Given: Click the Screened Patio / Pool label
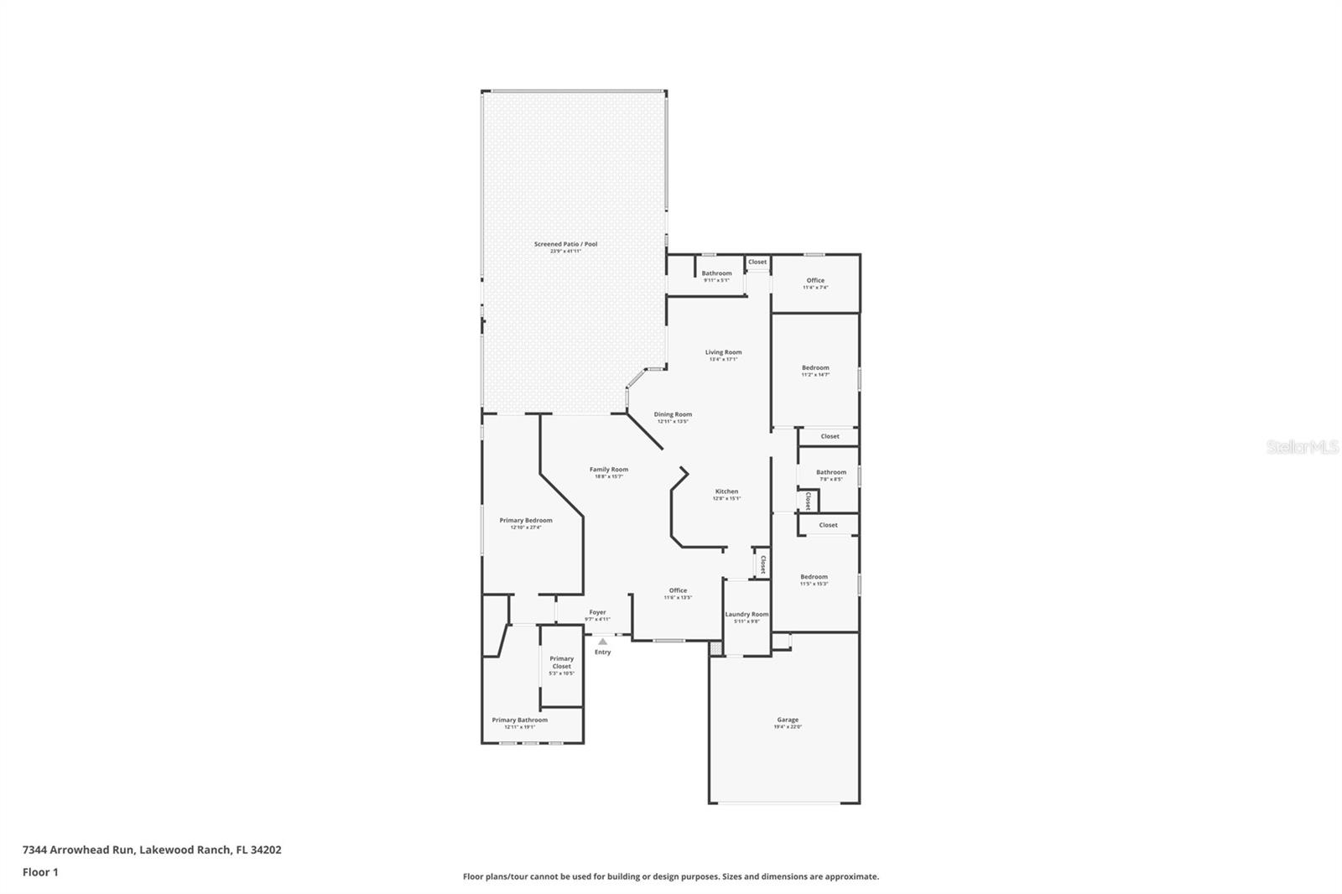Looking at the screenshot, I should coord(565,247).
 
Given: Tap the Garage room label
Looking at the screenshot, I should coord(788,722).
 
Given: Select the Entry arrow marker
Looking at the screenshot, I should coord(602,642).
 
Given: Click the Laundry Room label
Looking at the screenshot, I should coord(746,616).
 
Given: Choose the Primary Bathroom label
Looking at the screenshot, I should coord(519,722).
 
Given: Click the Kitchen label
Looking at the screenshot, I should coord(726,494).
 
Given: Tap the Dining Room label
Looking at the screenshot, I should coord(673,417).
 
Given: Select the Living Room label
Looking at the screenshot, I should coord(723,355).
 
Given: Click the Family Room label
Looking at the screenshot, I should coord(608,472).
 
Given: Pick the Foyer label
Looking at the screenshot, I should coord(597,615).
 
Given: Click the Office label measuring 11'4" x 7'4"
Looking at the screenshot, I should coord(815,283).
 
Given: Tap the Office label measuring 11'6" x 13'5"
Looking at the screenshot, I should coord(678,593).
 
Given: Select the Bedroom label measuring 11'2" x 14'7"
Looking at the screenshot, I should coord(815,371).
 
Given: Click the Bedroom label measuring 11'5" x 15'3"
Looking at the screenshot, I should coord(814,580).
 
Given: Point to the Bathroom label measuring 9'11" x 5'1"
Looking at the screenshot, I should coord(716,276).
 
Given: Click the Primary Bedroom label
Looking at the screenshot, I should coord(526,523).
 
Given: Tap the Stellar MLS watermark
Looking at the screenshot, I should coord(1302,448).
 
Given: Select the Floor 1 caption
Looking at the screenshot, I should coord(40,872).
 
